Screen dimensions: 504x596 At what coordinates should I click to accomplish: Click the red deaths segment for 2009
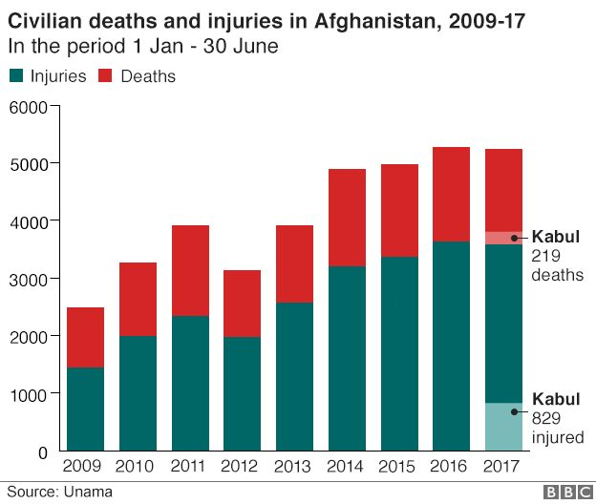pos(86,337)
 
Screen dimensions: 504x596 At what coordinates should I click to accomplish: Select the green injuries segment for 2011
pos(190,383)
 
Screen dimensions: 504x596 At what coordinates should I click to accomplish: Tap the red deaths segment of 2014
pos(347,218)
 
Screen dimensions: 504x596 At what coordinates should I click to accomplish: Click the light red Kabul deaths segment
pos(503,238)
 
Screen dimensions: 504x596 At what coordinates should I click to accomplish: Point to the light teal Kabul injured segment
pos(503,427)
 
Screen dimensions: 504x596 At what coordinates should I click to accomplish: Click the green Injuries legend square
pos(15,76)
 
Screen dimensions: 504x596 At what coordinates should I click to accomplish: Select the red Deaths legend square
pos(105,76)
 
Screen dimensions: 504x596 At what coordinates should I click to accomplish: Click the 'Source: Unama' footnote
pos(58,492)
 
